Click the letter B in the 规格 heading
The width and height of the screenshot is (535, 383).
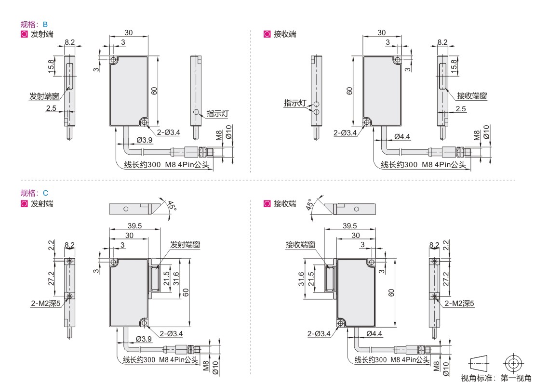tap(45, 25)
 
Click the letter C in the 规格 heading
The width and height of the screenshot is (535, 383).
tap(45, 193)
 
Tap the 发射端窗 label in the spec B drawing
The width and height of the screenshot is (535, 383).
tap(44, 96)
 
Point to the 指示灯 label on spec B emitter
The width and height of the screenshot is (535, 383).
tap(217, 114)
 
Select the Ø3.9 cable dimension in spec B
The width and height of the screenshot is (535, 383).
tap(144, 140)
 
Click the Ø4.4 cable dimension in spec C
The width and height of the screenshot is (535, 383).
tap(374, 333)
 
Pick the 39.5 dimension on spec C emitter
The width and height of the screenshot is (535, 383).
tap(135, 226)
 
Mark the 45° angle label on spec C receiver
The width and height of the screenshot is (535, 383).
tap(309, 205)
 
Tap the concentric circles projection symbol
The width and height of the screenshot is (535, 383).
tap(513, 364)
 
